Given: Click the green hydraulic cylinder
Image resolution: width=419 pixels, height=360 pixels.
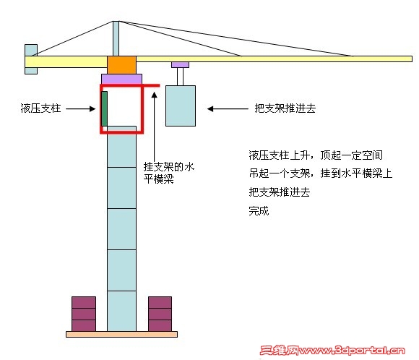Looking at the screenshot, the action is [x=104, y=108].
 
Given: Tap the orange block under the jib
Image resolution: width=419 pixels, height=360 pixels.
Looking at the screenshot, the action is [x=121, y=65].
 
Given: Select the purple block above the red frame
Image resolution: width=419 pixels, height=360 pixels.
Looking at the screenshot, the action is [x=121, y=80].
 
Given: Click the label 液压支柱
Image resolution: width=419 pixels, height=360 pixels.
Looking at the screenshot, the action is [x=40, y=108].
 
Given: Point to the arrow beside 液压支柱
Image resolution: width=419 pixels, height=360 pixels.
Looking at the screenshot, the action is [x=80, y=109].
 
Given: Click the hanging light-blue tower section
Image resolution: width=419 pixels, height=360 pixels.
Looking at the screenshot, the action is [x=181, y=106].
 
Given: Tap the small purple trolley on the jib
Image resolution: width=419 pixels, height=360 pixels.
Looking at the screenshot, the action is [x=180, y=65].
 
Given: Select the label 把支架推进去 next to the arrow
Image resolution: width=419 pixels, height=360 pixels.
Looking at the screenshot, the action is [x=285, y=108].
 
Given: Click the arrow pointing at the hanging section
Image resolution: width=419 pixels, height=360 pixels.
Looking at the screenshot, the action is [x=228, y=109].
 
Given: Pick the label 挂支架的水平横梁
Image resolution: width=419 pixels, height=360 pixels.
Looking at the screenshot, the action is [x=169, y=173].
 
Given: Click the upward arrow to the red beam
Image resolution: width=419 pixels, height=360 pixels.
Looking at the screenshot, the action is [x=154, y=127].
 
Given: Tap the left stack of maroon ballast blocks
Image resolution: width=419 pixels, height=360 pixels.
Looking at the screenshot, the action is [x=84, y=314].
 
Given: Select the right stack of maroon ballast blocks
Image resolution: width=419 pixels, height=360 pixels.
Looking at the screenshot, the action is [x=160, y=314].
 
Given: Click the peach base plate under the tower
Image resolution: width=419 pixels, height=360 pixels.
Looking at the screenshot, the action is [x=121, y=334].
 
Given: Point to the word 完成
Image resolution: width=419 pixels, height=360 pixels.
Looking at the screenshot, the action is [x=259, y=211].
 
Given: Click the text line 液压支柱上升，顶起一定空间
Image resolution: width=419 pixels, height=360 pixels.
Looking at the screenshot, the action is [x=316, y=155].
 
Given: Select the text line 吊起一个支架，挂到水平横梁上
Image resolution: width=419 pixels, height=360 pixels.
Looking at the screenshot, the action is [x=321, y=173].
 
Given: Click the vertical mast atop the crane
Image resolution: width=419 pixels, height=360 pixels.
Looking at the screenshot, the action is [x=116, y=38].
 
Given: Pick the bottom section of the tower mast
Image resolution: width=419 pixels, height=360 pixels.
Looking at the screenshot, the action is [x=121, y=311].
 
